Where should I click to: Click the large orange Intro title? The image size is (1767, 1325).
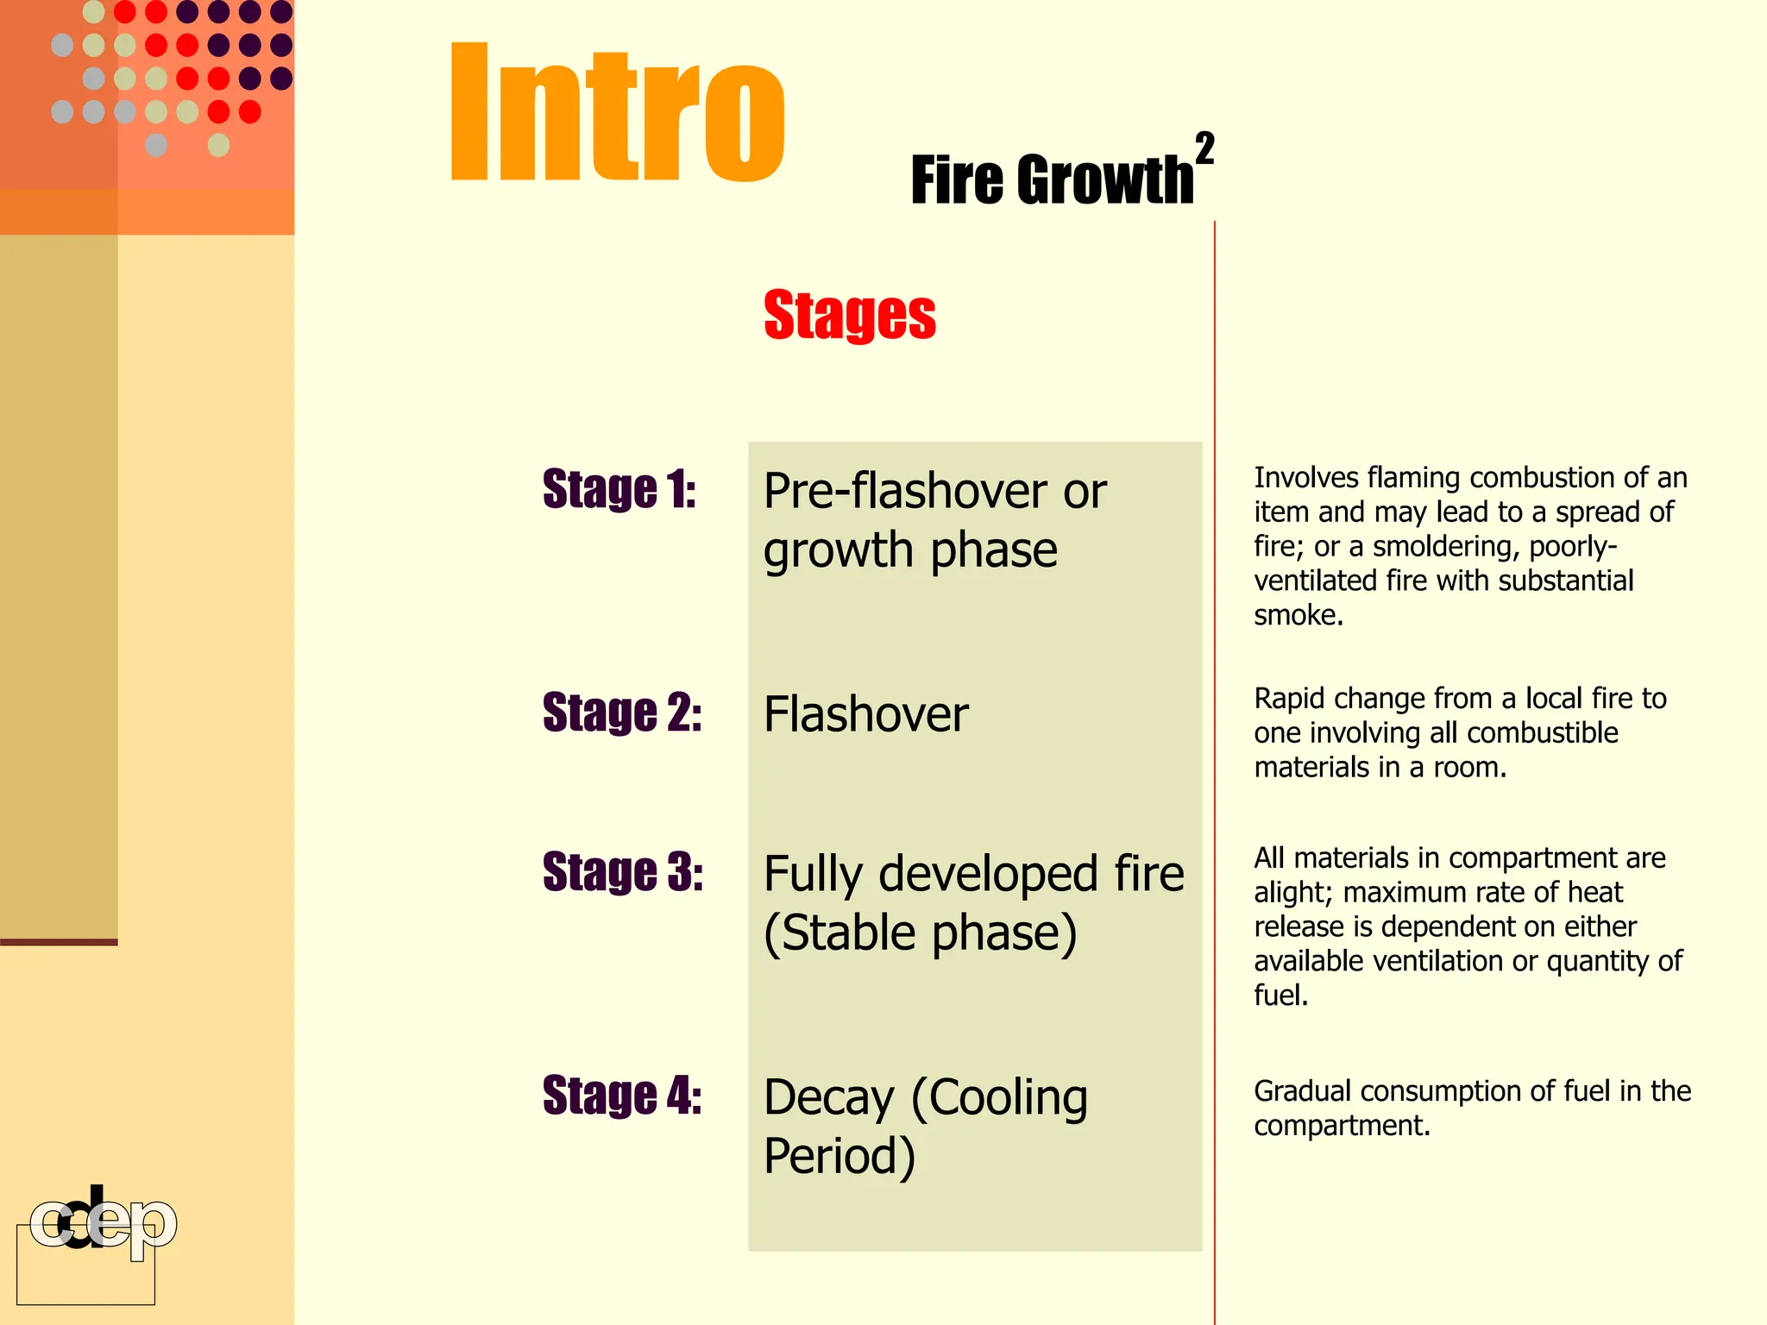pos(617,112)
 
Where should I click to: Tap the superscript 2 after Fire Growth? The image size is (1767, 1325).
pos(1204,148)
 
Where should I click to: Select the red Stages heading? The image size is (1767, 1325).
pos(849,315)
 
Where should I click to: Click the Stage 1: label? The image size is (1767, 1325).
pos(619,489)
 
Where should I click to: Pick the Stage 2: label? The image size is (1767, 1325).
pos(621,713)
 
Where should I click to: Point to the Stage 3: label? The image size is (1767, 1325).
pos(622,871)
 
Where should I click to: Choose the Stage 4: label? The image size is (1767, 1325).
pos(621,1096)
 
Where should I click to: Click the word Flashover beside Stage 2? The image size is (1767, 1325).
pos(865,714)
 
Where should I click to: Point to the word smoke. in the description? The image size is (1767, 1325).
pos(1298,615)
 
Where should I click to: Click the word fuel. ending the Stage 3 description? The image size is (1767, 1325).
pos(1280,995)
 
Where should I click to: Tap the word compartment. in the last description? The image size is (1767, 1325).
pos(1342,1126)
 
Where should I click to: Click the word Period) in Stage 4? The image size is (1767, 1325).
pos(839,1156)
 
